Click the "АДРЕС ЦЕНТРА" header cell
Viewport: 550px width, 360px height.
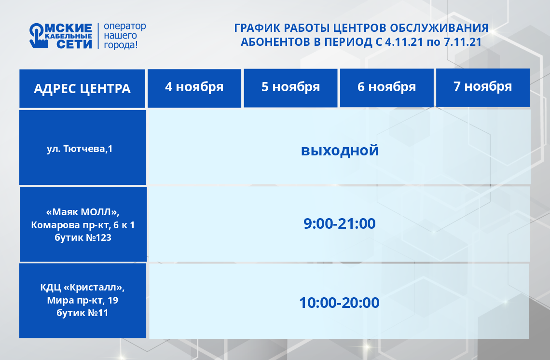click(x=82, y=88)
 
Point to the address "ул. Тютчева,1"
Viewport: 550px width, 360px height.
click(x=80, y=149)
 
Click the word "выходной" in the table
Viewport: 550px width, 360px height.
click(x=340, y=151)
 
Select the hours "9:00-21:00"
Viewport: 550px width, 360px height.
click(x=340, y=223)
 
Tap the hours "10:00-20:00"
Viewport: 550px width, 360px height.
click(x=339, y=303)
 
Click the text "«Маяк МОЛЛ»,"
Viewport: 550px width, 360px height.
click(x=83, y=212)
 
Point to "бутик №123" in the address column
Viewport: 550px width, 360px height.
click(x=83, y=237)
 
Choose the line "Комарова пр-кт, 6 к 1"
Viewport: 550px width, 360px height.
click(x=83, y=225)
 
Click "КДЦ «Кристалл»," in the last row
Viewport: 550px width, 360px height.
click(x=82, y=288)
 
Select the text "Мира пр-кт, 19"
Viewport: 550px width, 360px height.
click(x=82, y=300)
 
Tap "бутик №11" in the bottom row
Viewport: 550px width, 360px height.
click(x=82, y=313)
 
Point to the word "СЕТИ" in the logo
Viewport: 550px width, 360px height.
click(x=74, y=44)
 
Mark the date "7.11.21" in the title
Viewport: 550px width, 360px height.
click(x=463, y=42)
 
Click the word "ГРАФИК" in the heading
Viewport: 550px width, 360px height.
click(x=257, y=28)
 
